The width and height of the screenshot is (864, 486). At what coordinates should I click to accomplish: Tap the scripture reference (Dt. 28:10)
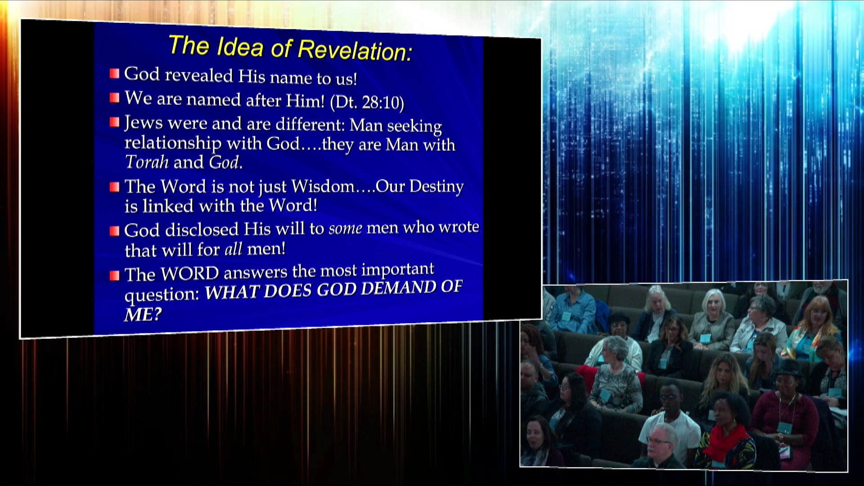[x=367, y=102]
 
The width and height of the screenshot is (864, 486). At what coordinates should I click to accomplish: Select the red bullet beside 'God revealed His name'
[x=115, y=73]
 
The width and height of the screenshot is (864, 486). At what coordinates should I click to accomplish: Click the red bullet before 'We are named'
[x=115, y=98]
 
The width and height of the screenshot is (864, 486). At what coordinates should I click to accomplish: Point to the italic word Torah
[x=146, y=162]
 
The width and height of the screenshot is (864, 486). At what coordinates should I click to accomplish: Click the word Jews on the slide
[x=143, y=122]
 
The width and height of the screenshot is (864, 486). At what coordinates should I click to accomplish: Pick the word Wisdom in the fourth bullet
[x=323, y=186]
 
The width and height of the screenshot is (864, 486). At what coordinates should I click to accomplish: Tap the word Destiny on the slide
[x=436, y=186]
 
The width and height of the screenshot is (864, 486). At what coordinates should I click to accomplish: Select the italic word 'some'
[x=345, y=229]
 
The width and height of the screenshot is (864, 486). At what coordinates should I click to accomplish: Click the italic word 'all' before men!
[x=233, y=249]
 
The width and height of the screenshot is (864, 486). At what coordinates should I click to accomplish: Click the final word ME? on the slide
[x=143, y=315]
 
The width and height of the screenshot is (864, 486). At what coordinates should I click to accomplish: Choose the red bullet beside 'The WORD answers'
[x=115, y=275]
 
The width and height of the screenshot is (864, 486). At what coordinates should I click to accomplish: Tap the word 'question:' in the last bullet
[x=162, y=295]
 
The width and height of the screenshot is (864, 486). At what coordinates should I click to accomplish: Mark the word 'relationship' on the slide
[x=173, y=143]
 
